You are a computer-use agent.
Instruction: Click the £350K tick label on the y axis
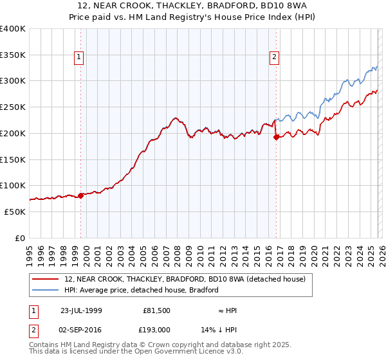tap(13, 55)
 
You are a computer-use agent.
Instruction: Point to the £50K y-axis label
tap(15, 212)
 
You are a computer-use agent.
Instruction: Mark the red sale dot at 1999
tap(81, 195)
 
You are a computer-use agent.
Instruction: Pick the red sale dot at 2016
tap(276, 137)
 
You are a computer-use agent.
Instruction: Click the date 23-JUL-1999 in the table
tap(80, 310)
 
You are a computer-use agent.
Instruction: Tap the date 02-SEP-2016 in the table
tap(80, 328)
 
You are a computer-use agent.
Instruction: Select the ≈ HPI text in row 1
tap(228, 310)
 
